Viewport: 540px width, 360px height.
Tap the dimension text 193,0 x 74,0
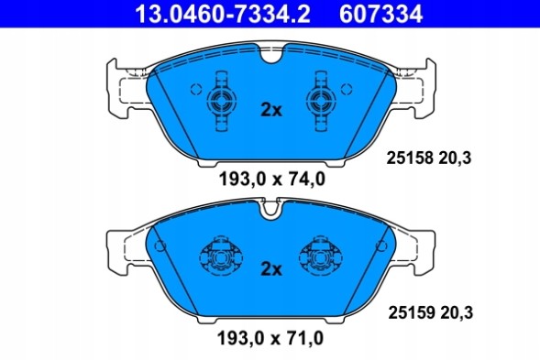270,180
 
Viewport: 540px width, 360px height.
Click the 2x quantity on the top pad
270,110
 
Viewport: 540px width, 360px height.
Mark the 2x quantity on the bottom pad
270,268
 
